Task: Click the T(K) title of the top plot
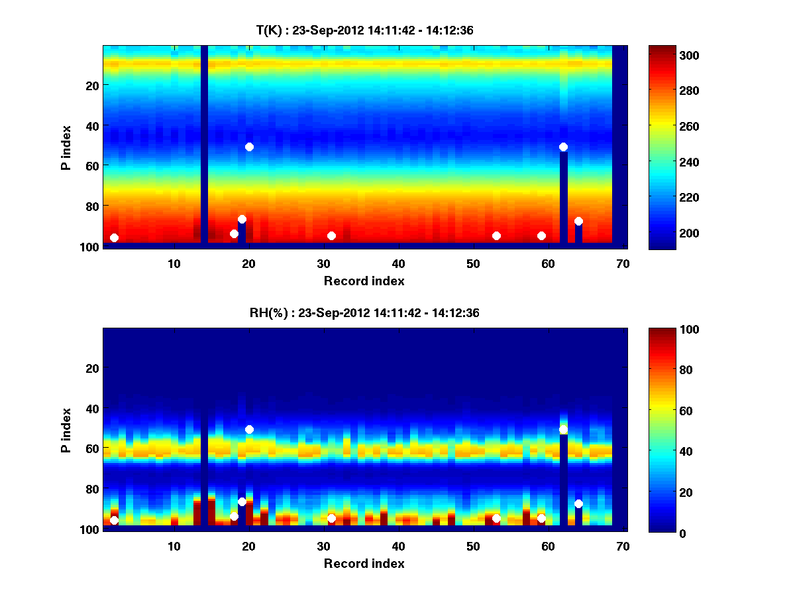364,30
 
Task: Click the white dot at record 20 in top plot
249,147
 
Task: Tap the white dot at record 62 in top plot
563,147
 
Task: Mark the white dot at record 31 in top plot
331,235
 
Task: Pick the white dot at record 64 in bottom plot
578,504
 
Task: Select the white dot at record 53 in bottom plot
496,518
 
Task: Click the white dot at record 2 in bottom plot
114,520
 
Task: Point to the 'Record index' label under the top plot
364,281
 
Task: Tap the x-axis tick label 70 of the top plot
622,263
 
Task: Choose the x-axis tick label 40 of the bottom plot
398,546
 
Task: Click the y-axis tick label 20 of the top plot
91,86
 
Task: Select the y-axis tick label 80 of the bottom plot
91,489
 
